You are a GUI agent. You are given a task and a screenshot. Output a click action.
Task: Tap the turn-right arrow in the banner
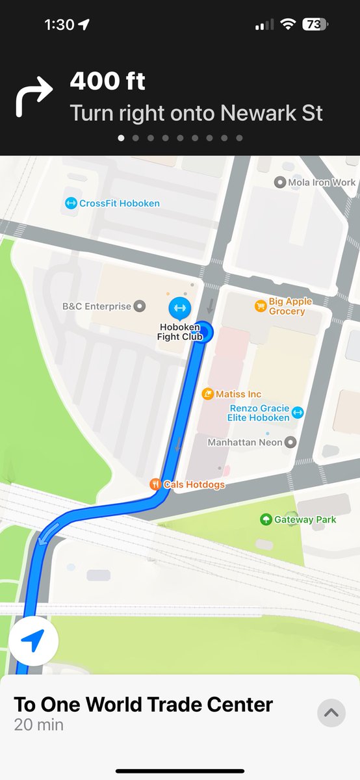34,96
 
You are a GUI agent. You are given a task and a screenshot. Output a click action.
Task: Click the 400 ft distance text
108,82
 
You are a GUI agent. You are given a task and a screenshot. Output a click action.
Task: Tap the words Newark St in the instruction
272,113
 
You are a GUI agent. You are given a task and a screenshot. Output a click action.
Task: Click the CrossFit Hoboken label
119,203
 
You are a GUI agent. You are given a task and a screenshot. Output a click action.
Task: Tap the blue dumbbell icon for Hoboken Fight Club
179,307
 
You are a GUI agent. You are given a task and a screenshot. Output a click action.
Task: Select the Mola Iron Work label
322,183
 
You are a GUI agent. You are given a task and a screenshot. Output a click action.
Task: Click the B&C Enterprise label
97,305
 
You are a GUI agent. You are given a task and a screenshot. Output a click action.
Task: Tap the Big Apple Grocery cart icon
260,305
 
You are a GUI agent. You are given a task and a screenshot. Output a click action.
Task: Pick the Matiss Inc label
238,394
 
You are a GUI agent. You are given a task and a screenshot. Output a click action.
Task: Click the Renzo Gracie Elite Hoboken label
259,413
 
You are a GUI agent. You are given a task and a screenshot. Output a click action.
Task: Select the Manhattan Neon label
245,442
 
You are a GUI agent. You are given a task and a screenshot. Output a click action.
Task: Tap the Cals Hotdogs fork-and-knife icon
155,484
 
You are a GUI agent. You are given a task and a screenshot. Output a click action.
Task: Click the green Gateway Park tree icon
265,519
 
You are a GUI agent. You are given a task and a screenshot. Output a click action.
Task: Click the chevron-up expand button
331,712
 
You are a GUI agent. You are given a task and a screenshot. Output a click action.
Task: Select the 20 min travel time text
39,724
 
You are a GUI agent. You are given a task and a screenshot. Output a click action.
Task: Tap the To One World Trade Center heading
144,704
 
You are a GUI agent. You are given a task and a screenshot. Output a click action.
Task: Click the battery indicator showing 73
316,25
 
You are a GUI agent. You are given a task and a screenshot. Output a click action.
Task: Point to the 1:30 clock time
59,25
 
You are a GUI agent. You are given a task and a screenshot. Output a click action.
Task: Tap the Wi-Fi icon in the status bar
287,25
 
